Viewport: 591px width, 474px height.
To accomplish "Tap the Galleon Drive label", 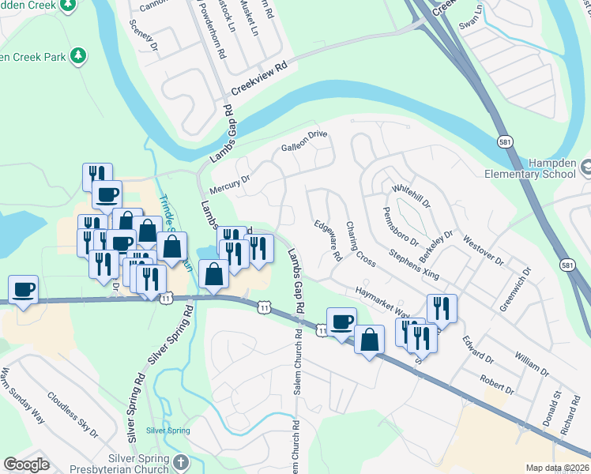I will tap(304, 141).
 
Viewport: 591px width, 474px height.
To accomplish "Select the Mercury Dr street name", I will tap(229, 185).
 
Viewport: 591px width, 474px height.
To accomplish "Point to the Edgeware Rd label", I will tap(327, 240).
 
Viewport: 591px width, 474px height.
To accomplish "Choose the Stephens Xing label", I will tap(413, 265).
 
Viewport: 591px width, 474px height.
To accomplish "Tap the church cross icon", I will tap(181, 461).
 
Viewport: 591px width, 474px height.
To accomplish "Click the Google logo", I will tap(26, 465).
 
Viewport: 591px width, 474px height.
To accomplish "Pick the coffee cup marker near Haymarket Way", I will tap(341, 322).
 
